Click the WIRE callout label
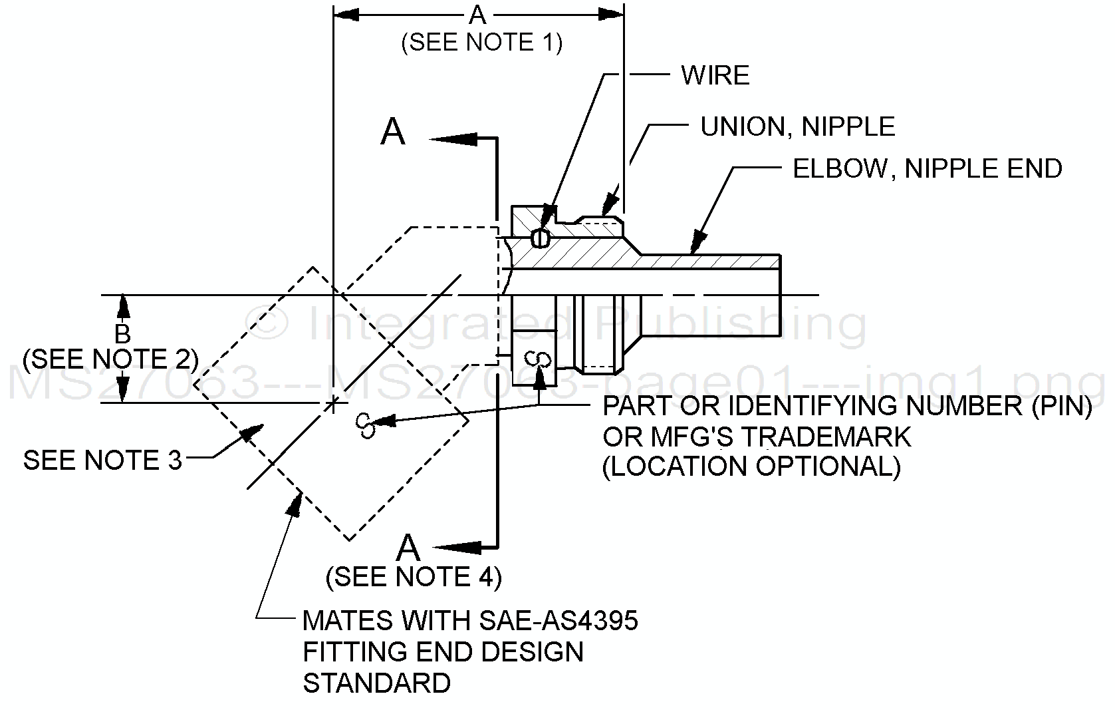pos(715,75)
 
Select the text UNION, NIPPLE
pos(797,126)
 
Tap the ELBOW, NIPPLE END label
pos(928,168)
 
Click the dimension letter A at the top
pos(478,15)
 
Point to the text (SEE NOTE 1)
pos(482,43)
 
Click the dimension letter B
pos(122,334)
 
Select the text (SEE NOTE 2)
pos(110,359)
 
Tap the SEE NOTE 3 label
pos(102,460)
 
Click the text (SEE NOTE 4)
pos(414,577)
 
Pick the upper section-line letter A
pos(393,132)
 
